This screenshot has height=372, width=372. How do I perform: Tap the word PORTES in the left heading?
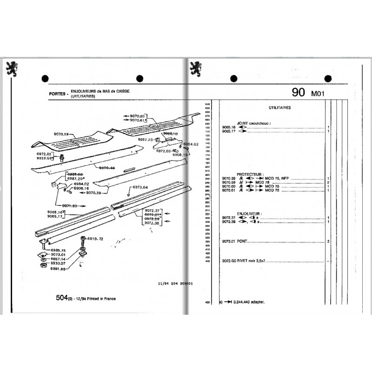[57, 93]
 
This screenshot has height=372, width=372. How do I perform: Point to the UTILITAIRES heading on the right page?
[280, 107]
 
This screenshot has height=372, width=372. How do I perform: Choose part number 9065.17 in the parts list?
[228, 132]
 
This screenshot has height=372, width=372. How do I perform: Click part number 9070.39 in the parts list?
[228, 179]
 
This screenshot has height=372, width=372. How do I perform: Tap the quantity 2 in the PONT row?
[328, 242]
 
